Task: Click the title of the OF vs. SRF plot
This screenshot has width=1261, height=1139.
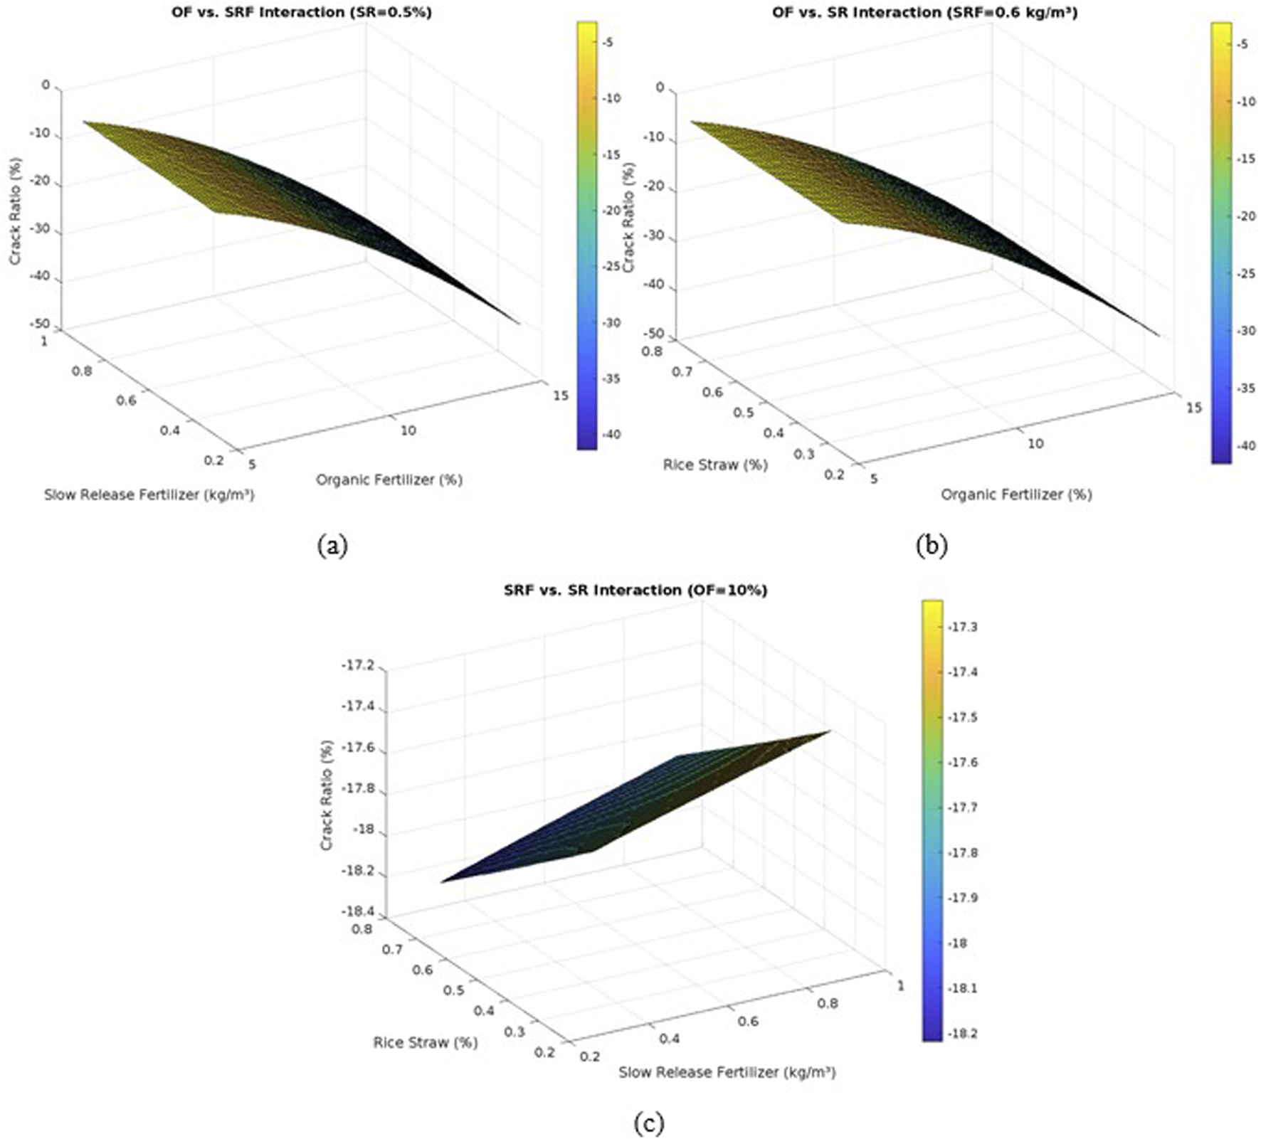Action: [301, 11]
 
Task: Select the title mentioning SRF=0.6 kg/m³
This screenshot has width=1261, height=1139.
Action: [924, 12]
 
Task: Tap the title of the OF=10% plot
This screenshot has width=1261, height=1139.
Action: [635, 590]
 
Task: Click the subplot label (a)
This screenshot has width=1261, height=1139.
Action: [332, 546]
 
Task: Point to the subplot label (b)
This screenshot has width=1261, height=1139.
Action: [932, 546]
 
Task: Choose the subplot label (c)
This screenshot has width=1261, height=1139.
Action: [648, 1123]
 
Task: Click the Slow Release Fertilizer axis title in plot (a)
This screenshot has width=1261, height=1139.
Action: [149, 494]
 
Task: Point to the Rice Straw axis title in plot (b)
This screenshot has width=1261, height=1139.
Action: [715, 465]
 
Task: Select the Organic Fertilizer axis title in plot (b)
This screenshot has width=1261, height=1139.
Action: [1016, 494]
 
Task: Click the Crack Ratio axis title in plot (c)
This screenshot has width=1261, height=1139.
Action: [327, 795]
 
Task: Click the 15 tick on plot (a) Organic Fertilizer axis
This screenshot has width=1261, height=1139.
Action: [560, 395]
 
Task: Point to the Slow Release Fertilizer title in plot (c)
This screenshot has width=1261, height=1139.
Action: [727, 1072]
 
